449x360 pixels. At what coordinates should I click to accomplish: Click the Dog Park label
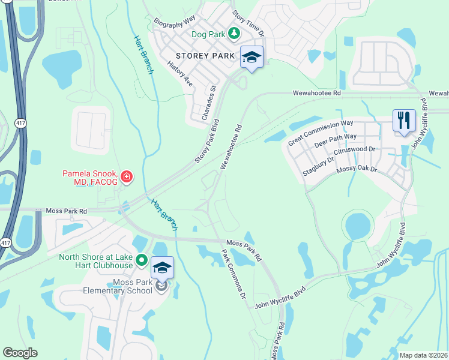point(208,34)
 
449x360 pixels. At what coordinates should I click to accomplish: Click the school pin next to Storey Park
point(252,57)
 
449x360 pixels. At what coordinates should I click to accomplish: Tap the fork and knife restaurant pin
point(404,120)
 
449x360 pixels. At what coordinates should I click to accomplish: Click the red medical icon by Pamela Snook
point(127,176)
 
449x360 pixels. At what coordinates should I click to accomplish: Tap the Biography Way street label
point(175,20)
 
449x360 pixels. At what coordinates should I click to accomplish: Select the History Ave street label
point(179,74)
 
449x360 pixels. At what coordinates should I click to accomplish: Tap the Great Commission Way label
point(321,133)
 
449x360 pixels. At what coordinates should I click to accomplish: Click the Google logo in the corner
point(20,353)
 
